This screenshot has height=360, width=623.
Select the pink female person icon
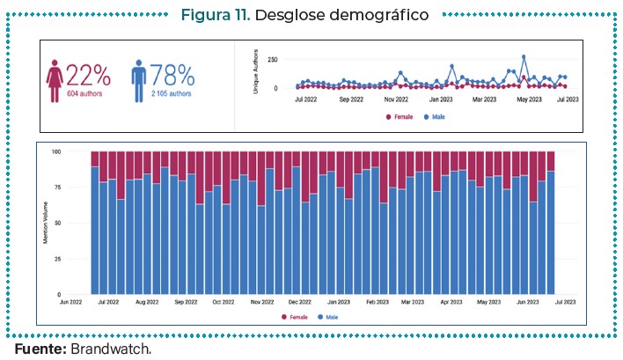pyautogui.click(x=55, y=80)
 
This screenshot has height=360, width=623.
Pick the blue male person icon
pyautogui.click(x=138, y=80)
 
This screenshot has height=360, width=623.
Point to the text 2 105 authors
pyautogui.click(x=172, y=94)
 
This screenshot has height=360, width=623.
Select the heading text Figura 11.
pyautogui.click(x=216, y=16)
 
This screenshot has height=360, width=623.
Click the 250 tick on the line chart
pyautogui.click(x=273, y=60)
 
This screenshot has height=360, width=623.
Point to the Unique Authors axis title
pyautogui.click(x=256, y=75)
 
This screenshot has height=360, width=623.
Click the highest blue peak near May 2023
pyautogui.click(x=524, y=57)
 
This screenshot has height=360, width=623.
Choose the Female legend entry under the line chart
pyautogui.click(x=401, y=116)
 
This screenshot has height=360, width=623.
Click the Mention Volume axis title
pyautogui.click(x=46, y=224)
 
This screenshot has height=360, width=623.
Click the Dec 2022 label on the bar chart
pyautogui.click(x=300, y=302)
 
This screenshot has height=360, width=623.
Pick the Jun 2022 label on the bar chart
pyautogui.click(x=71, y=302)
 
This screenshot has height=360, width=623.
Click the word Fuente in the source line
pyautogui.click(x=40, y=349)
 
